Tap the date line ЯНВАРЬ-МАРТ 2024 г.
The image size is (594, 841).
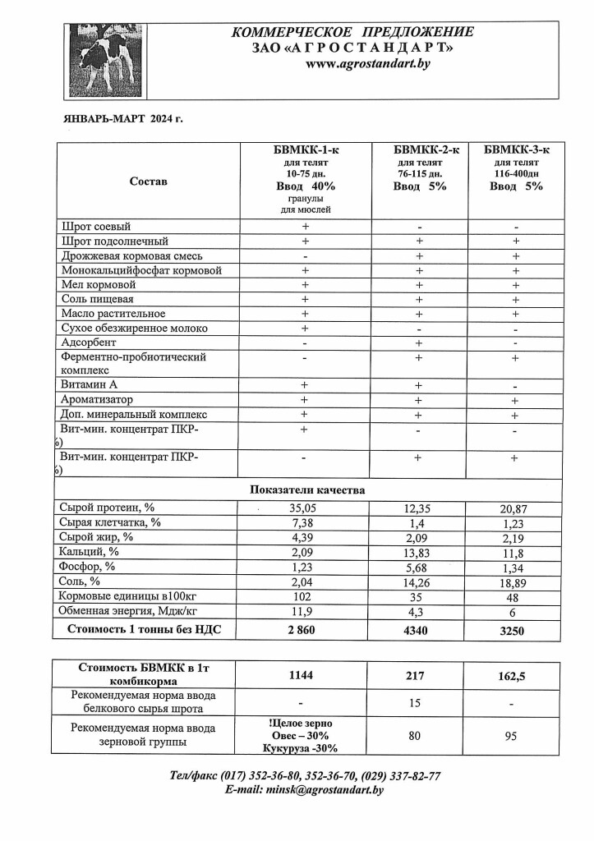(123, 119)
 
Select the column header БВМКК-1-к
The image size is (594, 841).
(305, 149)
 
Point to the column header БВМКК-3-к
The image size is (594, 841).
(517, 149)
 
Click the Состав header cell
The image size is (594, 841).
(148, 181)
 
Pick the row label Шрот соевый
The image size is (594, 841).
(96, 226)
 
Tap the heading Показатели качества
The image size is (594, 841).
(306, 489)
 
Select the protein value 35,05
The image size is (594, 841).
(305, 509)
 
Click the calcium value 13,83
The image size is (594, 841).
(419, 552)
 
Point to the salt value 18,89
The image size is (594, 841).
(517, 581)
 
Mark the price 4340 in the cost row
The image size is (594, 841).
(419, 632)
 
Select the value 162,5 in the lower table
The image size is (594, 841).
(517, 676)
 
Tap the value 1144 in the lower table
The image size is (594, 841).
(305, 676)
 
